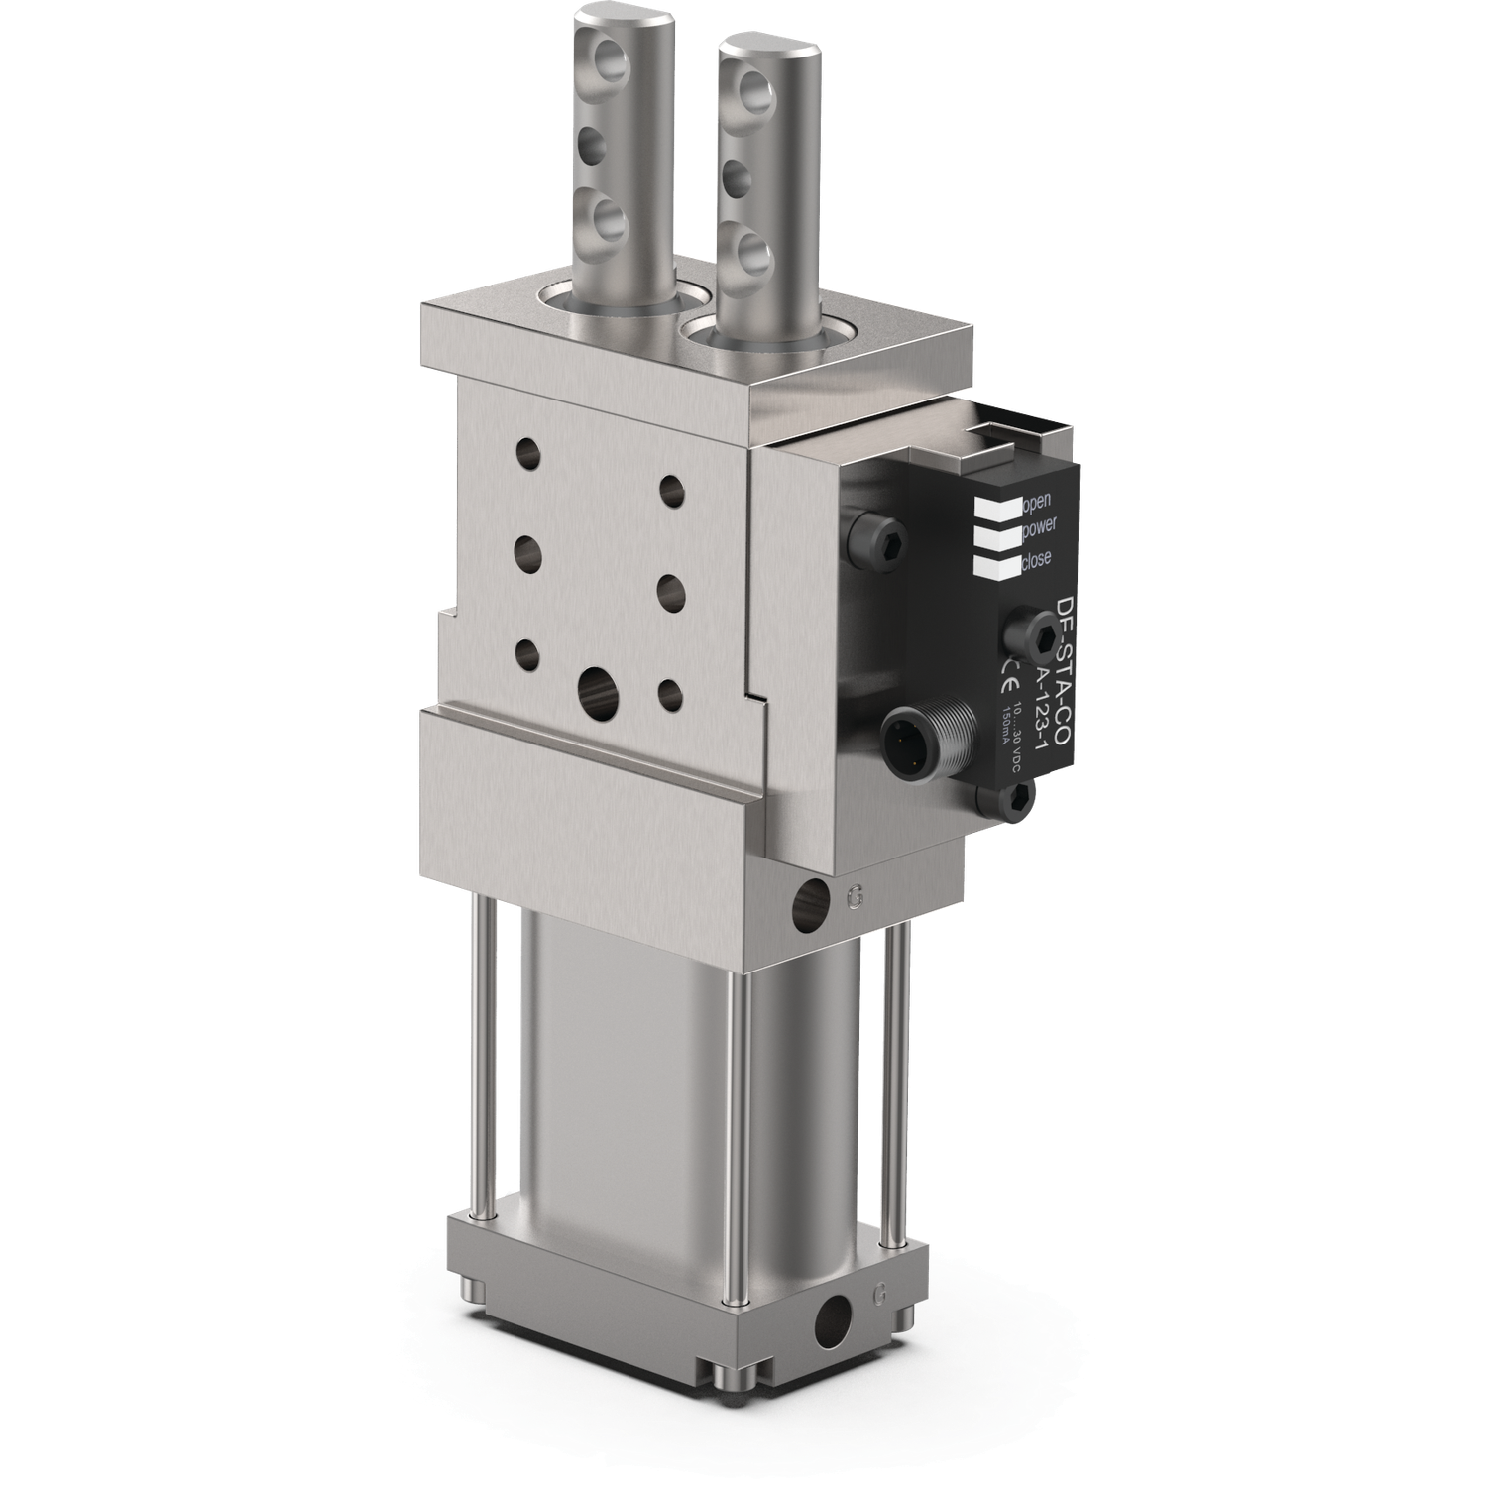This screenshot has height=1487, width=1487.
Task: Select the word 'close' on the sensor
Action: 1034,559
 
